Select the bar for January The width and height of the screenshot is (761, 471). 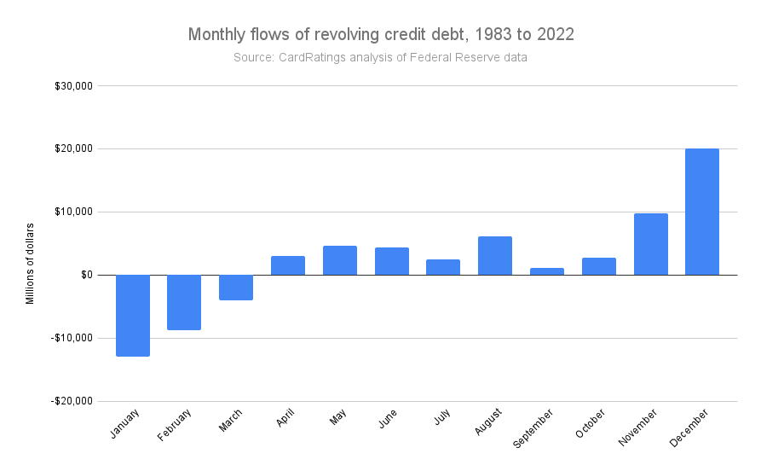pyautogui.click(x=133, y=315)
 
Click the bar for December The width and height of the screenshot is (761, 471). pyautogui.click(x=702, y=212)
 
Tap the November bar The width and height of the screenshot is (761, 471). pyautogui.click(x=650, y=244)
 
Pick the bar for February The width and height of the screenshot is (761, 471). pyautogui.click(x=184, y=302)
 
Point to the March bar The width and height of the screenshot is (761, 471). pyautogui.click(x=236, y=288)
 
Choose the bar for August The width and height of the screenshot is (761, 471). pyautogui.click(x=495, y=256)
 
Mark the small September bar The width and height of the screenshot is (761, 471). pyautogui.click(x=547, y=271)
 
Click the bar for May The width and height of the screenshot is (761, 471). pyautogui.click(x=340, y=260)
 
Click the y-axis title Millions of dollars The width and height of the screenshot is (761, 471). pyautogui.click(x=30, y=264)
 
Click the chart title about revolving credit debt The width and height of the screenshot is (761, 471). pyautogui.click(x=380, y=35)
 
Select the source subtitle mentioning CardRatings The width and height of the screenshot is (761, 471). pyautogui.click(x=380, y=58)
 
